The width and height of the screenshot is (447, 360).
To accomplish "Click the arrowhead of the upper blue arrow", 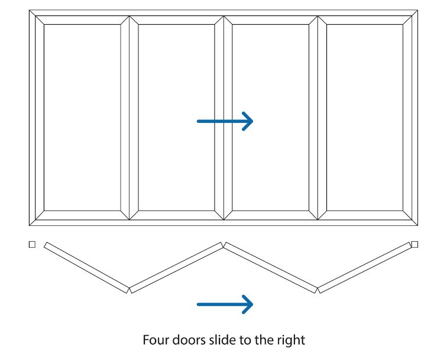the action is point(247,121).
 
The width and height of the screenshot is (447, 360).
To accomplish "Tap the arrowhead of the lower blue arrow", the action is point(247,304).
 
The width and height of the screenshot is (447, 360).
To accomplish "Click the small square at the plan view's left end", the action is point(32,244).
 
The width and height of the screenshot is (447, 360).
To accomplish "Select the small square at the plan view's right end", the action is point(415,244).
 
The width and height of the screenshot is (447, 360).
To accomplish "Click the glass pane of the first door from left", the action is point(82,118).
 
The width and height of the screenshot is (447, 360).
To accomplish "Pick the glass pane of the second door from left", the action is point(176,118).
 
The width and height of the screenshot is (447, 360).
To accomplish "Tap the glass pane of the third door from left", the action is point(271,118).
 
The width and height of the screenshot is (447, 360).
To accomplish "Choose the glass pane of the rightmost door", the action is point(365,118).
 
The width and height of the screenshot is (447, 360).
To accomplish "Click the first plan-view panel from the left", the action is point(87,268).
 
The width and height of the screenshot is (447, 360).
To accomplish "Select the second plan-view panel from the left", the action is point(176,268).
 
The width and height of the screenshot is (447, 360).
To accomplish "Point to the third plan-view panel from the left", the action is point(271,268).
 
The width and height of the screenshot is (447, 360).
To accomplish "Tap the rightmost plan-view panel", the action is point(365,268).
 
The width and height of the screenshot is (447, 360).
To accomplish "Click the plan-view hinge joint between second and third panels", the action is point(223,245).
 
